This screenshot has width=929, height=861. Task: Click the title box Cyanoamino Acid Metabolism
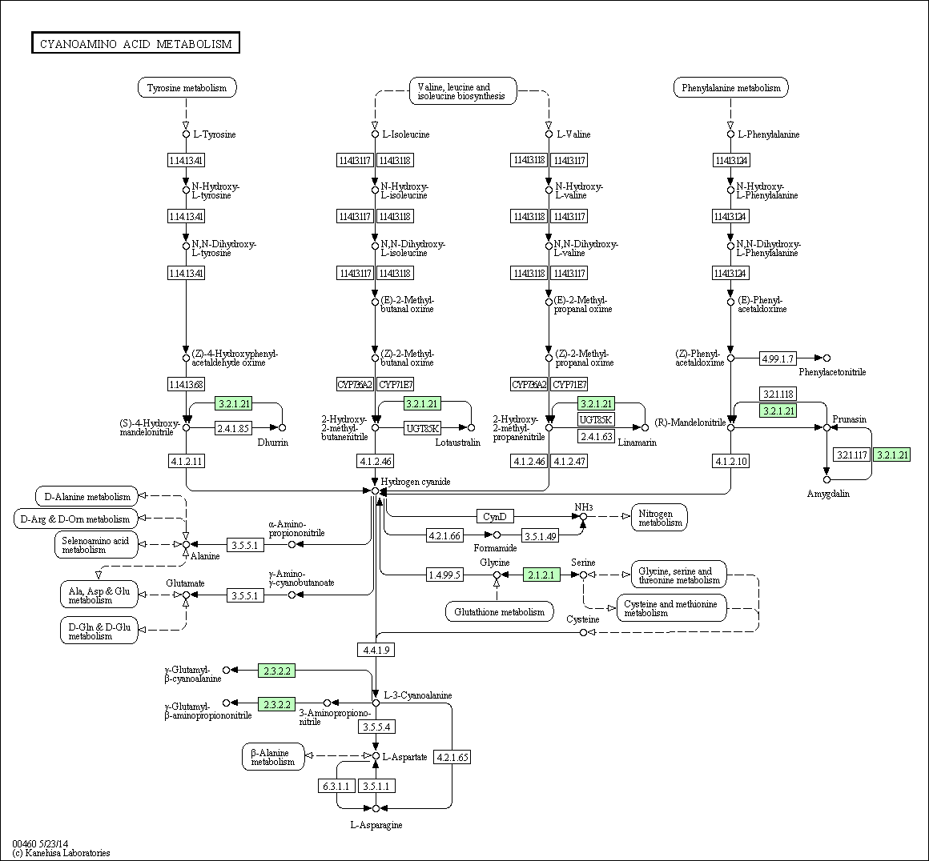click(135, 44)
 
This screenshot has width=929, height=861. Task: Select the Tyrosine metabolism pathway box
click(187, 88)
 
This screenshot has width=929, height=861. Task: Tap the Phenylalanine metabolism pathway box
click(730, 88)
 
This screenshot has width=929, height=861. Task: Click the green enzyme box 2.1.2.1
click(541, 575)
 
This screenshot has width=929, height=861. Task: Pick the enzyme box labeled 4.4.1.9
click(376, 650)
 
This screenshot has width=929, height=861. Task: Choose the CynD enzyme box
click(495, 516)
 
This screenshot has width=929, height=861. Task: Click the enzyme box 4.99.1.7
click(778, 358)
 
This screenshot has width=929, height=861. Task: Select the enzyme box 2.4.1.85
click(233, 428)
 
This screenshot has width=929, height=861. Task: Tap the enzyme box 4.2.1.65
click(452, 756)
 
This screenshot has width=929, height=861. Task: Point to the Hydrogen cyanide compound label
click(416, 482)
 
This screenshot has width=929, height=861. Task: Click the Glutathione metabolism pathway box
click(499, 612)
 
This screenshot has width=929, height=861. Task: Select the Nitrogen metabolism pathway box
click(659, 518)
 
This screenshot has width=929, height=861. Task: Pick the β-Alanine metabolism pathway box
click(273, 757)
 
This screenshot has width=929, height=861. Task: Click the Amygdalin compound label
click(828, 494)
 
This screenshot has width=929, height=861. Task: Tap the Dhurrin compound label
click(272, 443)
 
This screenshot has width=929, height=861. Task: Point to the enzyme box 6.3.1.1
click(336, 786)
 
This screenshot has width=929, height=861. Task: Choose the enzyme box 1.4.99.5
click(445, 575)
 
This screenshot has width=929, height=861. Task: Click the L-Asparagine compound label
click(376, 825)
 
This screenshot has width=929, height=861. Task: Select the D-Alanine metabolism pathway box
click(87, 497)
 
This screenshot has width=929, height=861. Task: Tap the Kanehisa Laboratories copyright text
click(61, 853)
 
